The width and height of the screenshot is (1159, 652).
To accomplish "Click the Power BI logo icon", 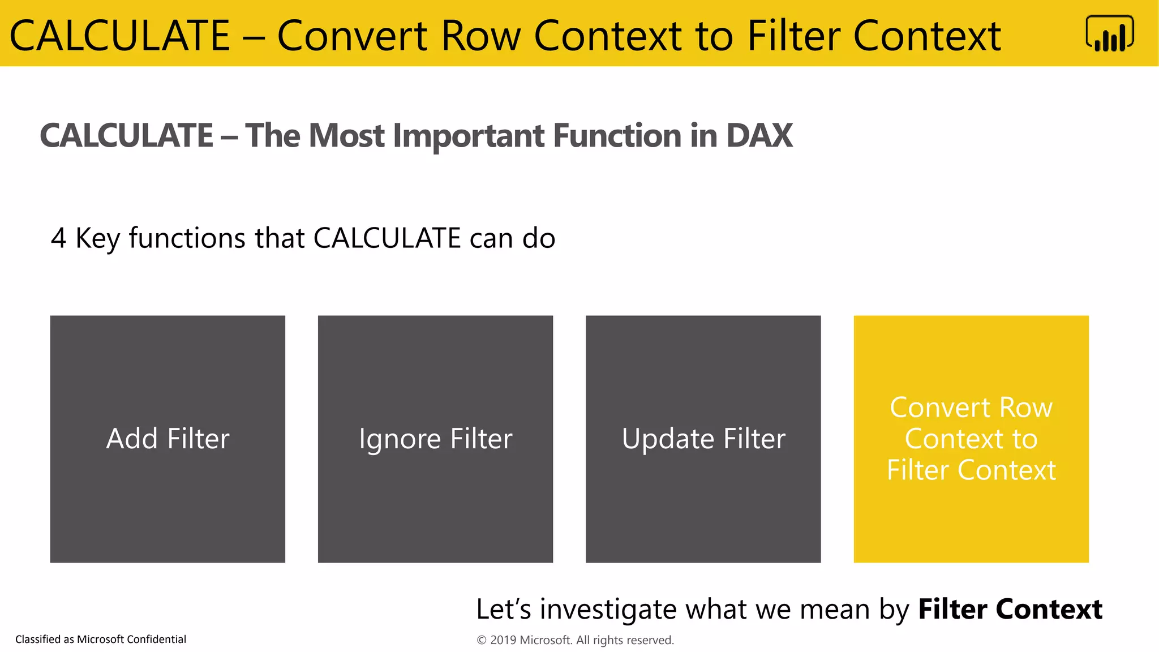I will (1109, 34).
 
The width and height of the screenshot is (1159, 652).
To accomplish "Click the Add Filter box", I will (168, 439).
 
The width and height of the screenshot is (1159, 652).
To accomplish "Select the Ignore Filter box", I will (435, 439).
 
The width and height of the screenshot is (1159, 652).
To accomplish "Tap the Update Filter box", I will (703, 439).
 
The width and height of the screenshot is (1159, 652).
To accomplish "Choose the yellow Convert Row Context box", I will (971, 439).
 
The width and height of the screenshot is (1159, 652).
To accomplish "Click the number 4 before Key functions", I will (58, 238).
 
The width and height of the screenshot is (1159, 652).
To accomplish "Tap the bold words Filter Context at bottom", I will (1010, 610).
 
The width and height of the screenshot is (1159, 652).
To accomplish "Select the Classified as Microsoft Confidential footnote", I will (101, 639).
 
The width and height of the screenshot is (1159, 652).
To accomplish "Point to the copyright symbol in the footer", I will (482, 640).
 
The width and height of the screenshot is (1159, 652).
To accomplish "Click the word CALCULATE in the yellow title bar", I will (119, 36).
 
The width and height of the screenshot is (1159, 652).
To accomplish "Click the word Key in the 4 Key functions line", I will (97, 238).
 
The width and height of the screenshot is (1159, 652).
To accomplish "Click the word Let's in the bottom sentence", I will (503, 610).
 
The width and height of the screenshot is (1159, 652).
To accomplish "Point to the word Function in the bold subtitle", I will (617, 136).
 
